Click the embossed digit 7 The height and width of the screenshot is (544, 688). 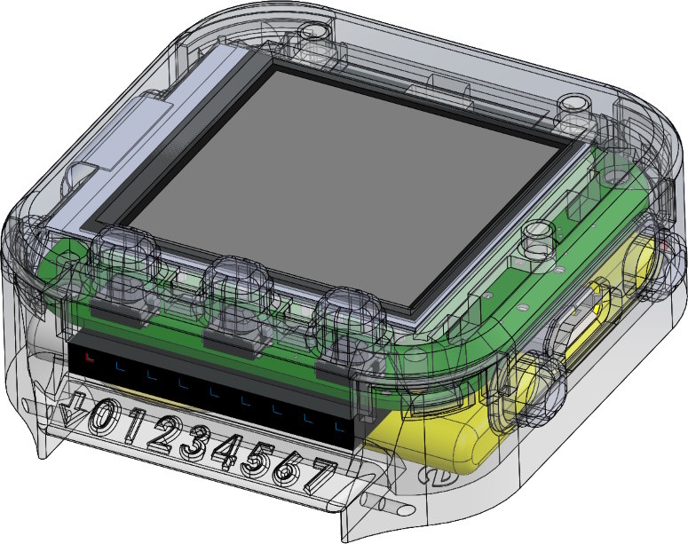tap(320, 477)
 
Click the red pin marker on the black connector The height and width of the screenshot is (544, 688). tap(89, 358)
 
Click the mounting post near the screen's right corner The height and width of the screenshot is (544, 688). tap(535, 240)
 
